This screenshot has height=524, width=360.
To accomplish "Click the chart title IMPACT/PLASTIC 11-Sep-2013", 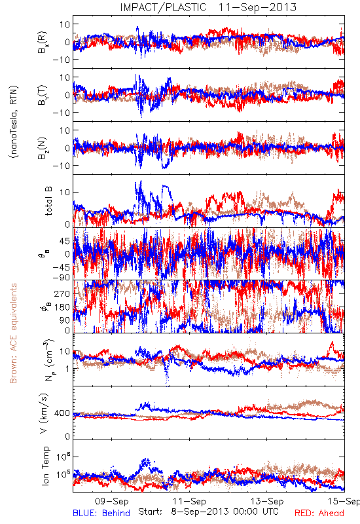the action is pyautogui.click(x=208, y=7).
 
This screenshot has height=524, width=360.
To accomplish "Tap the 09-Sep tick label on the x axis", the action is pyautogui.click(x=111, y=501).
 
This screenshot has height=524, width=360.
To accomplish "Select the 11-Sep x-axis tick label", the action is pyautogui.click(x=189, y=501).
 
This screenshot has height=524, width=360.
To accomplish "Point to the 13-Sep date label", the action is pyautogui.click(x=267, y=501).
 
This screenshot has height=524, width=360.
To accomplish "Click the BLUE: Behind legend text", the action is pyautogui.click(x=101, y=513).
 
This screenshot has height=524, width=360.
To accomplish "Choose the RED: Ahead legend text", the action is pyautogui.click(x=319, y=513).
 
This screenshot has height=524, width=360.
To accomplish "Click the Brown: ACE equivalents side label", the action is pyautogui.click(x=13, y=333).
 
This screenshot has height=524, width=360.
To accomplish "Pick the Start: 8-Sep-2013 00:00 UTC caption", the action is pyautogui.click(x=208, y=512).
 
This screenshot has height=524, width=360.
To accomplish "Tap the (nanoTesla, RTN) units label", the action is pyautogui.click(x=14, y=122).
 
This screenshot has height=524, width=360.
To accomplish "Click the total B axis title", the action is pyautogui.click(x=48, y=201).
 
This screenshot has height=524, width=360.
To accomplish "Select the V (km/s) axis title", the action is pyautogui.click(x=44, y=413).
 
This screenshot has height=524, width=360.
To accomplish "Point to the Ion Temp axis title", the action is pyautogui.click(x=45, y=466).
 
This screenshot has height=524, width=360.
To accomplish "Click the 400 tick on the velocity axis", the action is pyautogui.click(x=62, y=413).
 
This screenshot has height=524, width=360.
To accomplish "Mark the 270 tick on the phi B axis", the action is pyautogui.click(x=62, y=293).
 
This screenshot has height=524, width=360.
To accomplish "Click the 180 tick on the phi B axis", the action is pyautogui.click(x=62, y=307).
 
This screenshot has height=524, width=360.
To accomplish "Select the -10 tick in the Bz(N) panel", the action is pyautogui.click(x=60, y=166).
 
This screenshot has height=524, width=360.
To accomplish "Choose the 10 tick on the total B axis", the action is pyautogui.click(x=65, y=193).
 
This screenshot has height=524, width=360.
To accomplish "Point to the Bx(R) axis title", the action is pyautogui.click(x=43, y=42).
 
